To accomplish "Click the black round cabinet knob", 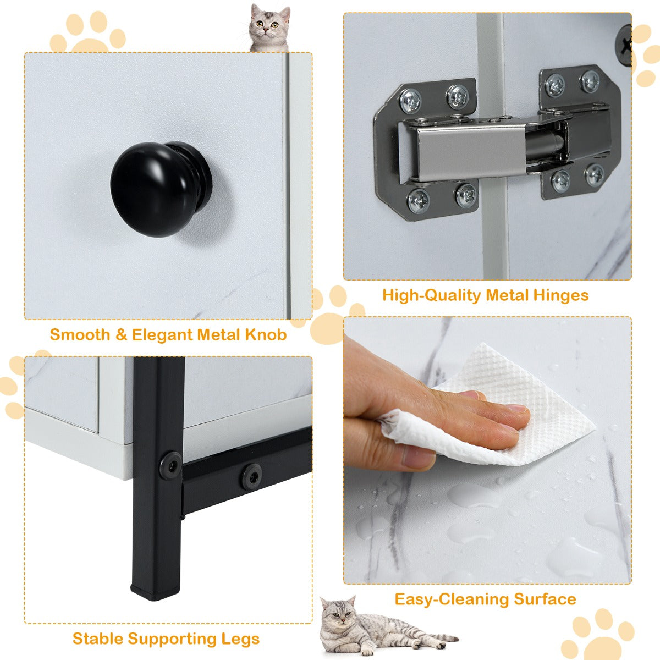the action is [x=161, y=189].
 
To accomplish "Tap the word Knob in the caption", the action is [x=266, y=335].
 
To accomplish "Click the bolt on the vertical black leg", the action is [x=170, y=465].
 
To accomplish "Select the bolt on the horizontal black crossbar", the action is [x=252, y=476].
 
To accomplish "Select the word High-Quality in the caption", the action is [x=431, y=296].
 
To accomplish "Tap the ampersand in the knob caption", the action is [x=121, y=335].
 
